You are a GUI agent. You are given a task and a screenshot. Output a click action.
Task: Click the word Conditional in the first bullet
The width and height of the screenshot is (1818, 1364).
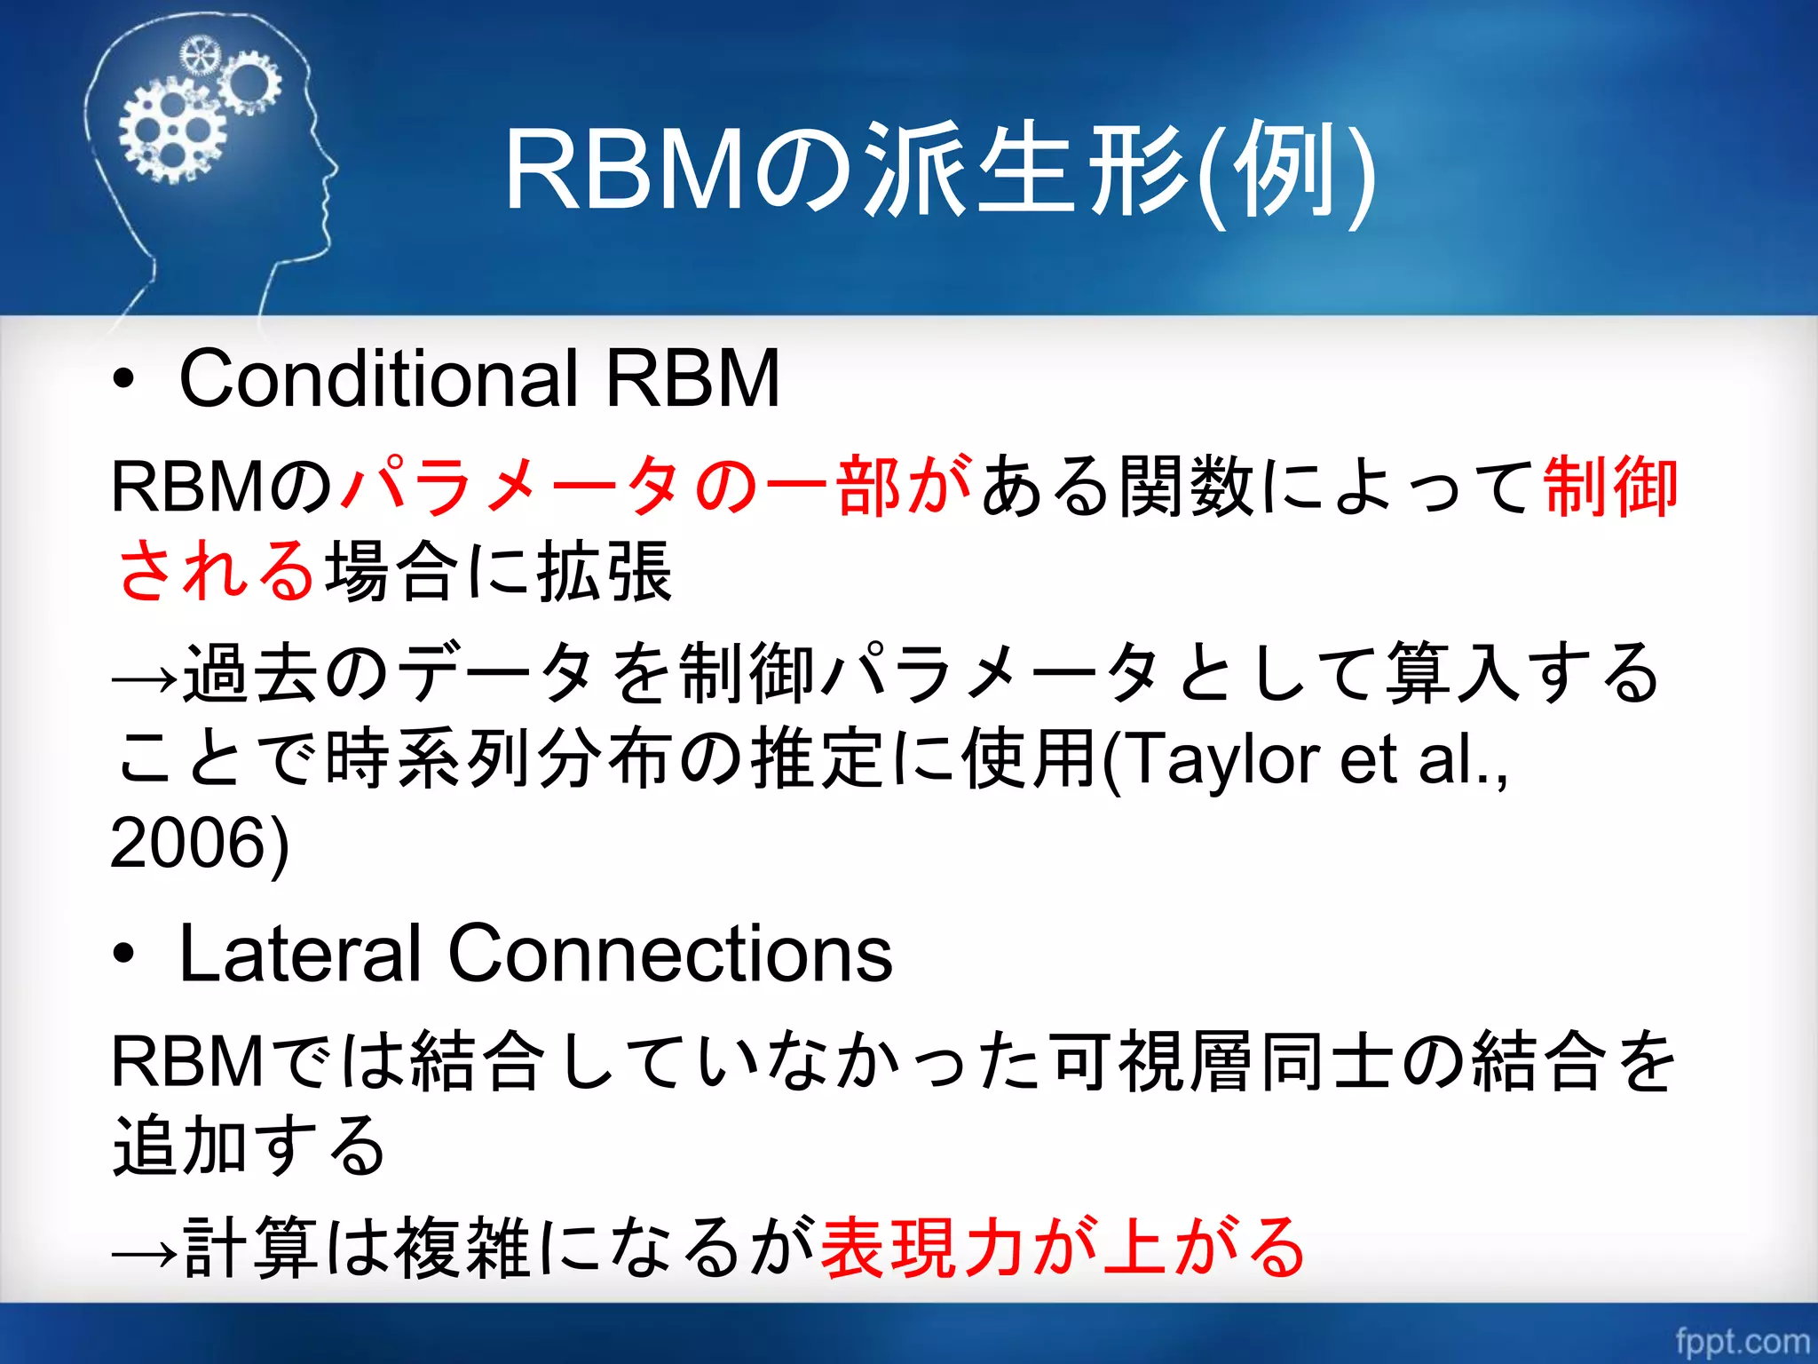(379, 378)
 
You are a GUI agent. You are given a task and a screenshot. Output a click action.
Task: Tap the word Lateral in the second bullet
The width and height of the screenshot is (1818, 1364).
(300, 954)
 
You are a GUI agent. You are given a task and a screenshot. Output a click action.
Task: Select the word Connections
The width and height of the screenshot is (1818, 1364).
(670, 954)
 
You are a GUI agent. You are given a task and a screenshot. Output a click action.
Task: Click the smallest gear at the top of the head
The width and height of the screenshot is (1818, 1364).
(199, 57)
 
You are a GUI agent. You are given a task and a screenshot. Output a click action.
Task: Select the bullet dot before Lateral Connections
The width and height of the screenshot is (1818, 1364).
(124, 956)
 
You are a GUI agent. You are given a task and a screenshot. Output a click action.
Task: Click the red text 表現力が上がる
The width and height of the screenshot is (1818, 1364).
(1063, 1248)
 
